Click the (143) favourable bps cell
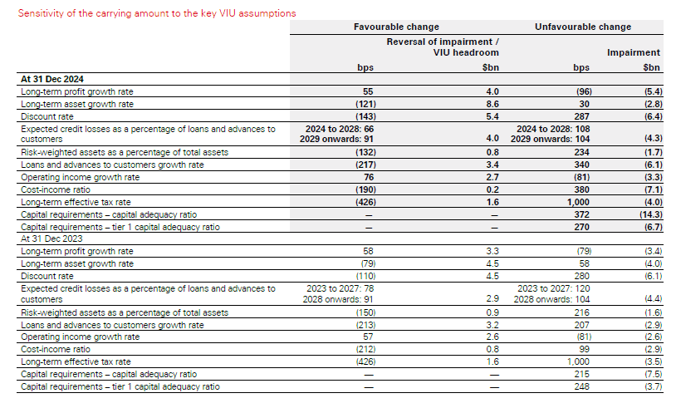point(360,116)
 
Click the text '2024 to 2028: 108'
point(551,129)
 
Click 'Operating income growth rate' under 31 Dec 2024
point(80,178)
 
